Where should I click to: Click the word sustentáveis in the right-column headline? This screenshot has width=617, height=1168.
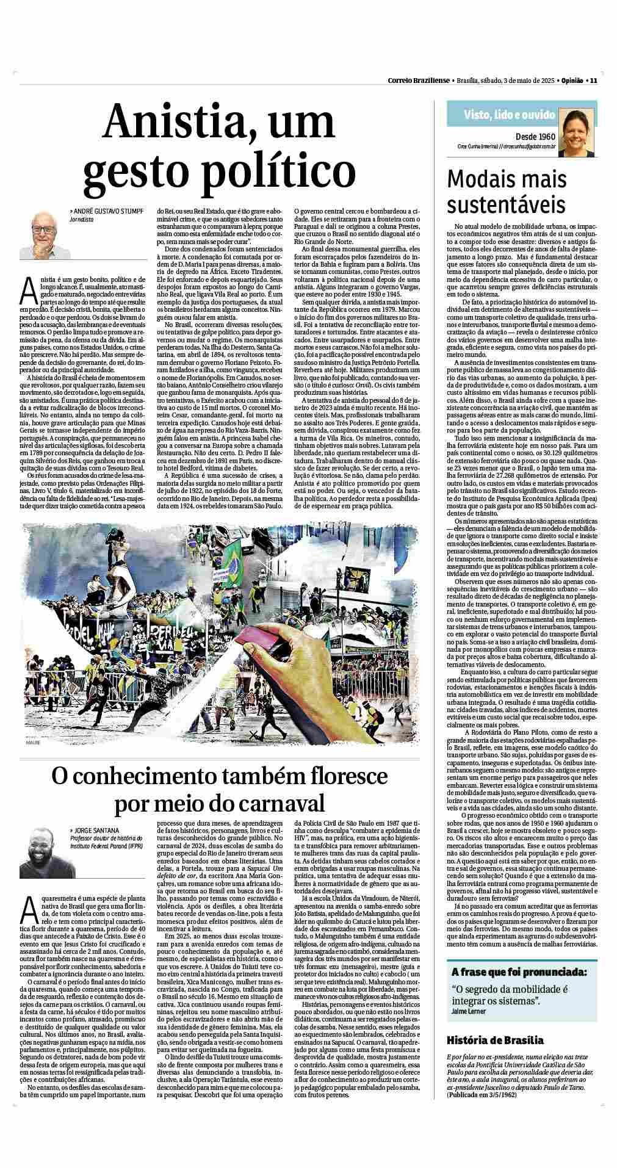tap(506, 204)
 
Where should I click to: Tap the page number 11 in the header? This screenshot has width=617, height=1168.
tap(593, 81)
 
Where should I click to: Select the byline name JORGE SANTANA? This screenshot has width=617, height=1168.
tap(96, 830)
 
